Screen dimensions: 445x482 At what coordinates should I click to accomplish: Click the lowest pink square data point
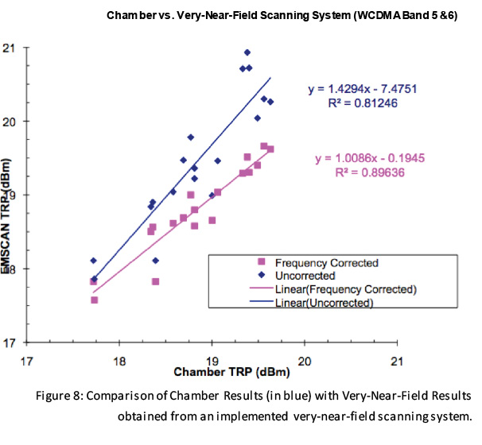(x=95, y=300)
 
